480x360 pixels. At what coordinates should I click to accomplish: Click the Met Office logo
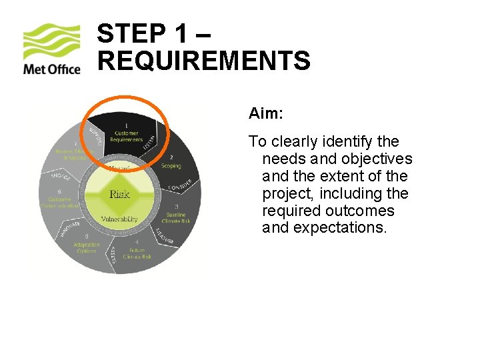[x=51, y=49]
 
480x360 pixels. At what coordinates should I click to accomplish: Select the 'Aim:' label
[x=266, y=114]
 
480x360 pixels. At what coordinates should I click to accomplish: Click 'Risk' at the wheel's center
[x=119, y=194]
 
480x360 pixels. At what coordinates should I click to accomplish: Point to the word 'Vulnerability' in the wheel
[x=119, y=219]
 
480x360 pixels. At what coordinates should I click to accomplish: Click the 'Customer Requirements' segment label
[x=127, y=136]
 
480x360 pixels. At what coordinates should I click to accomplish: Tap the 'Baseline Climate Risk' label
[x=176, y=217]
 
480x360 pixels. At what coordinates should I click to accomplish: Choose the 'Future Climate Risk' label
[x=137, y=253]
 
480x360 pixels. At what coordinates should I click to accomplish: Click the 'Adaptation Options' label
[x=87, y=247]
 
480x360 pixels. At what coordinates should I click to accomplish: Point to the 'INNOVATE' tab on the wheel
[x=69, y=227]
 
